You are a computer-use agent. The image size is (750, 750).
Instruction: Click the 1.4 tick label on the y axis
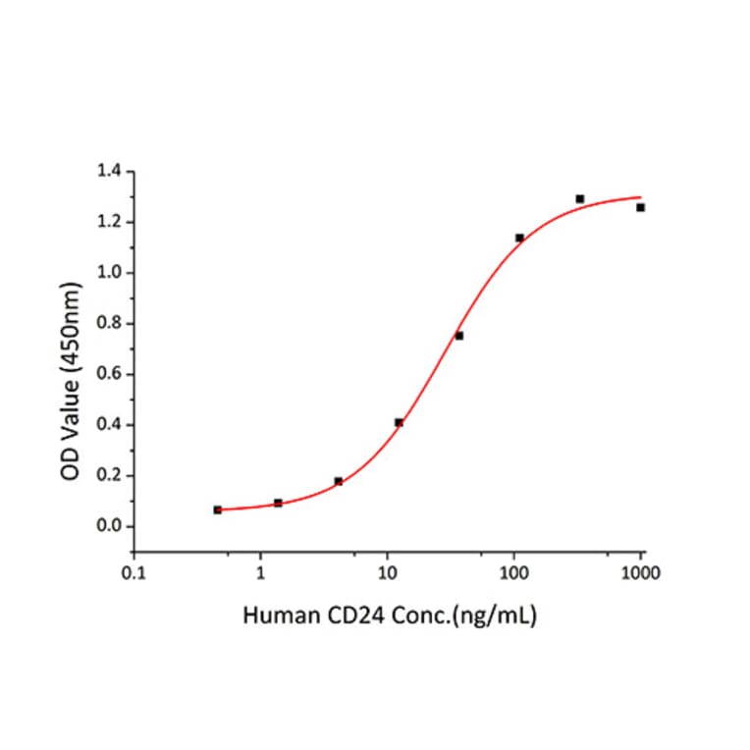(x=109, y=172)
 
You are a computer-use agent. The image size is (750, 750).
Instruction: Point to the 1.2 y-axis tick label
(x=109, y=222)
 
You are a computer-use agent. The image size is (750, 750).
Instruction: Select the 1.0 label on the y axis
(x=109, y=273)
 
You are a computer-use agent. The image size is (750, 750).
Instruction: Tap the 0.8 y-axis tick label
(x=109, y=324)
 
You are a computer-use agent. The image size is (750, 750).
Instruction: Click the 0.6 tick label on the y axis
(x=109, y=374)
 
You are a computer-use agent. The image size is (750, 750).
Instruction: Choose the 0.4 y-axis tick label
(x=109, y=425)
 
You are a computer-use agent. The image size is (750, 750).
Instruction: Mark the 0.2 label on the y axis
(x=109, y=476)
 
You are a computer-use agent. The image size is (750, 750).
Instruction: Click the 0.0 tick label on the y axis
(x=109, y=527)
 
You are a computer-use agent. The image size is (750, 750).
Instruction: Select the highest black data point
(x=580, y=199)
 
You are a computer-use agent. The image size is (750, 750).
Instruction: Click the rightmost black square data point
(x=640, y=207)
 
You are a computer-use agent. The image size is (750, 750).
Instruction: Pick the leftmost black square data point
(x=217, y=509)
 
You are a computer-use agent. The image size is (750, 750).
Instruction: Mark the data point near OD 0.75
(x=458, y=336)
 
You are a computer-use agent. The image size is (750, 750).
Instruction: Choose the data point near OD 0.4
(x=399, y=422)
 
